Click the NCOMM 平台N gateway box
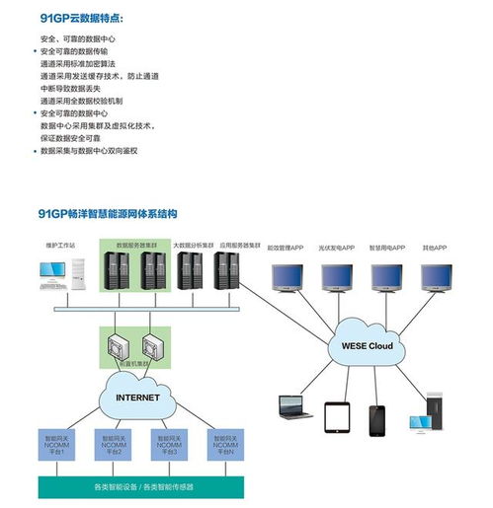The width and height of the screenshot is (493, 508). pos(223,445)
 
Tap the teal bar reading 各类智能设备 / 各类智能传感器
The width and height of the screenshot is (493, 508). pos(141,485)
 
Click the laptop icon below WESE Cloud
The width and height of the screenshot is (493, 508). pos(291,406)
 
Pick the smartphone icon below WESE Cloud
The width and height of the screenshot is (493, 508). pos(379,419)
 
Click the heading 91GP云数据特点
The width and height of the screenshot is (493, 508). pos(88,18)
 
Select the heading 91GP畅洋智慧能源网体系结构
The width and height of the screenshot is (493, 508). pos(109,212)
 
